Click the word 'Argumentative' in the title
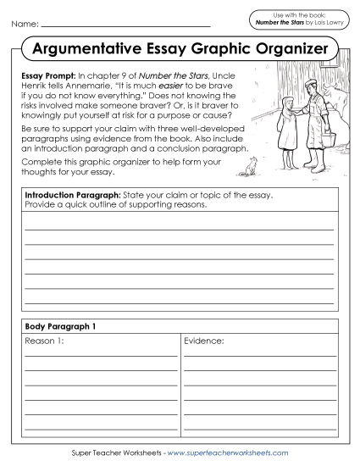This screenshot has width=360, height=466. (x=90, y=48)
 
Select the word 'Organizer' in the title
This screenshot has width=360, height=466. (x=284, y=48)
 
